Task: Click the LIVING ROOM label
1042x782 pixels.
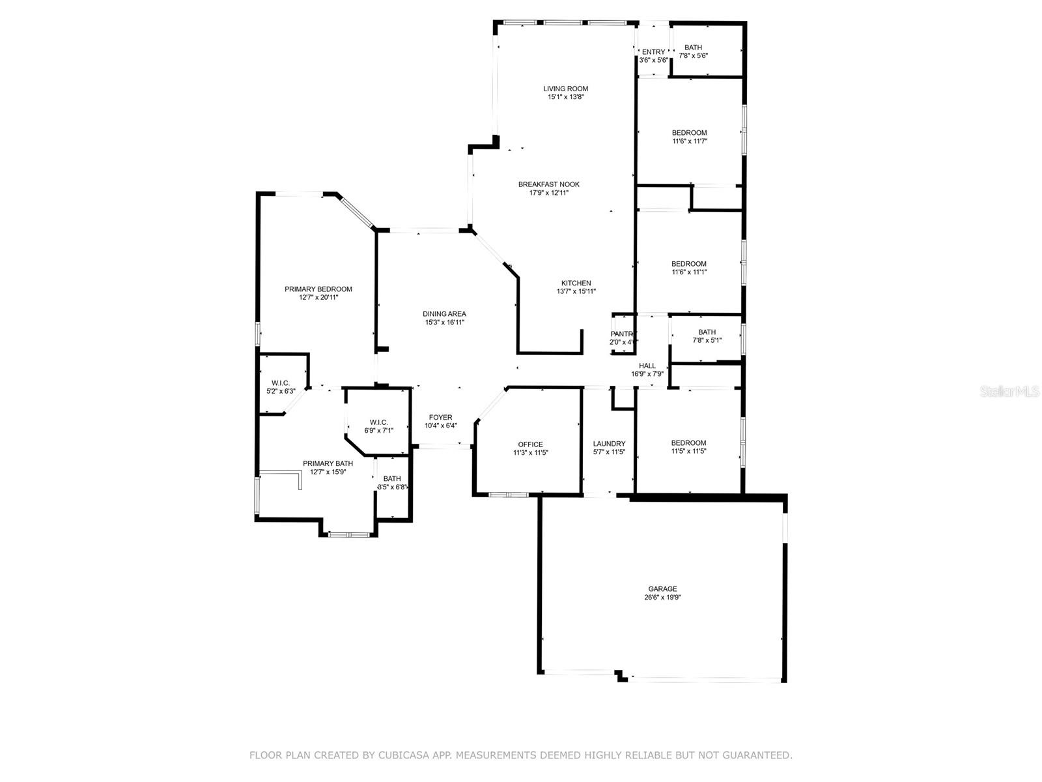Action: click(565, 89)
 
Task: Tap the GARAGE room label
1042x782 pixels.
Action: click(662, 588)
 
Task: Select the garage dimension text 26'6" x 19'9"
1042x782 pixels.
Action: click(662, 598)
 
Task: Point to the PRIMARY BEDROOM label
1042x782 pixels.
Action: click(318, 289)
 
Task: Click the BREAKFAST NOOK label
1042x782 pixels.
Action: click(549, 184)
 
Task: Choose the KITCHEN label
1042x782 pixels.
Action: click(576, 283)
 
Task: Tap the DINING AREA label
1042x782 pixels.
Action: click(444, 314)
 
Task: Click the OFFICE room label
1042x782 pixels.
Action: click(530, 444)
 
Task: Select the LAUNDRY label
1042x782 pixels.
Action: click(609, 444)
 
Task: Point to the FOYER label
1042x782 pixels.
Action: click(440, 417)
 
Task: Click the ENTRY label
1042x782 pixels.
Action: click(653, 52)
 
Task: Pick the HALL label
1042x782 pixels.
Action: click(647, 366)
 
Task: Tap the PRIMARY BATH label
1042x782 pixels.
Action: click(328, 463)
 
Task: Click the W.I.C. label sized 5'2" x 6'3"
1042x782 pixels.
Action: click(281, 383)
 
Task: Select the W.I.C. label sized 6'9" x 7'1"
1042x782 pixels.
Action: click(378, 422)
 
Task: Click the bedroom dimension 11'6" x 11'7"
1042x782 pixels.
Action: click(689, 141)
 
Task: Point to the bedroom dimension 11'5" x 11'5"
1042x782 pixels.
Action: click(688, 451)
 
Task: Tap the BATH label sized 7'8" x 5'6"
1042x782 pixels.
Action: click(693, 48)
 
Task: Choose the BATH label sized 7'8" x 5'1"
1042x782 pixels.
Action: click(707, 332)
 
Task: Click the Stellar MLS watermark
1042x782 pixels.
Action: click(1009, 391)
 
